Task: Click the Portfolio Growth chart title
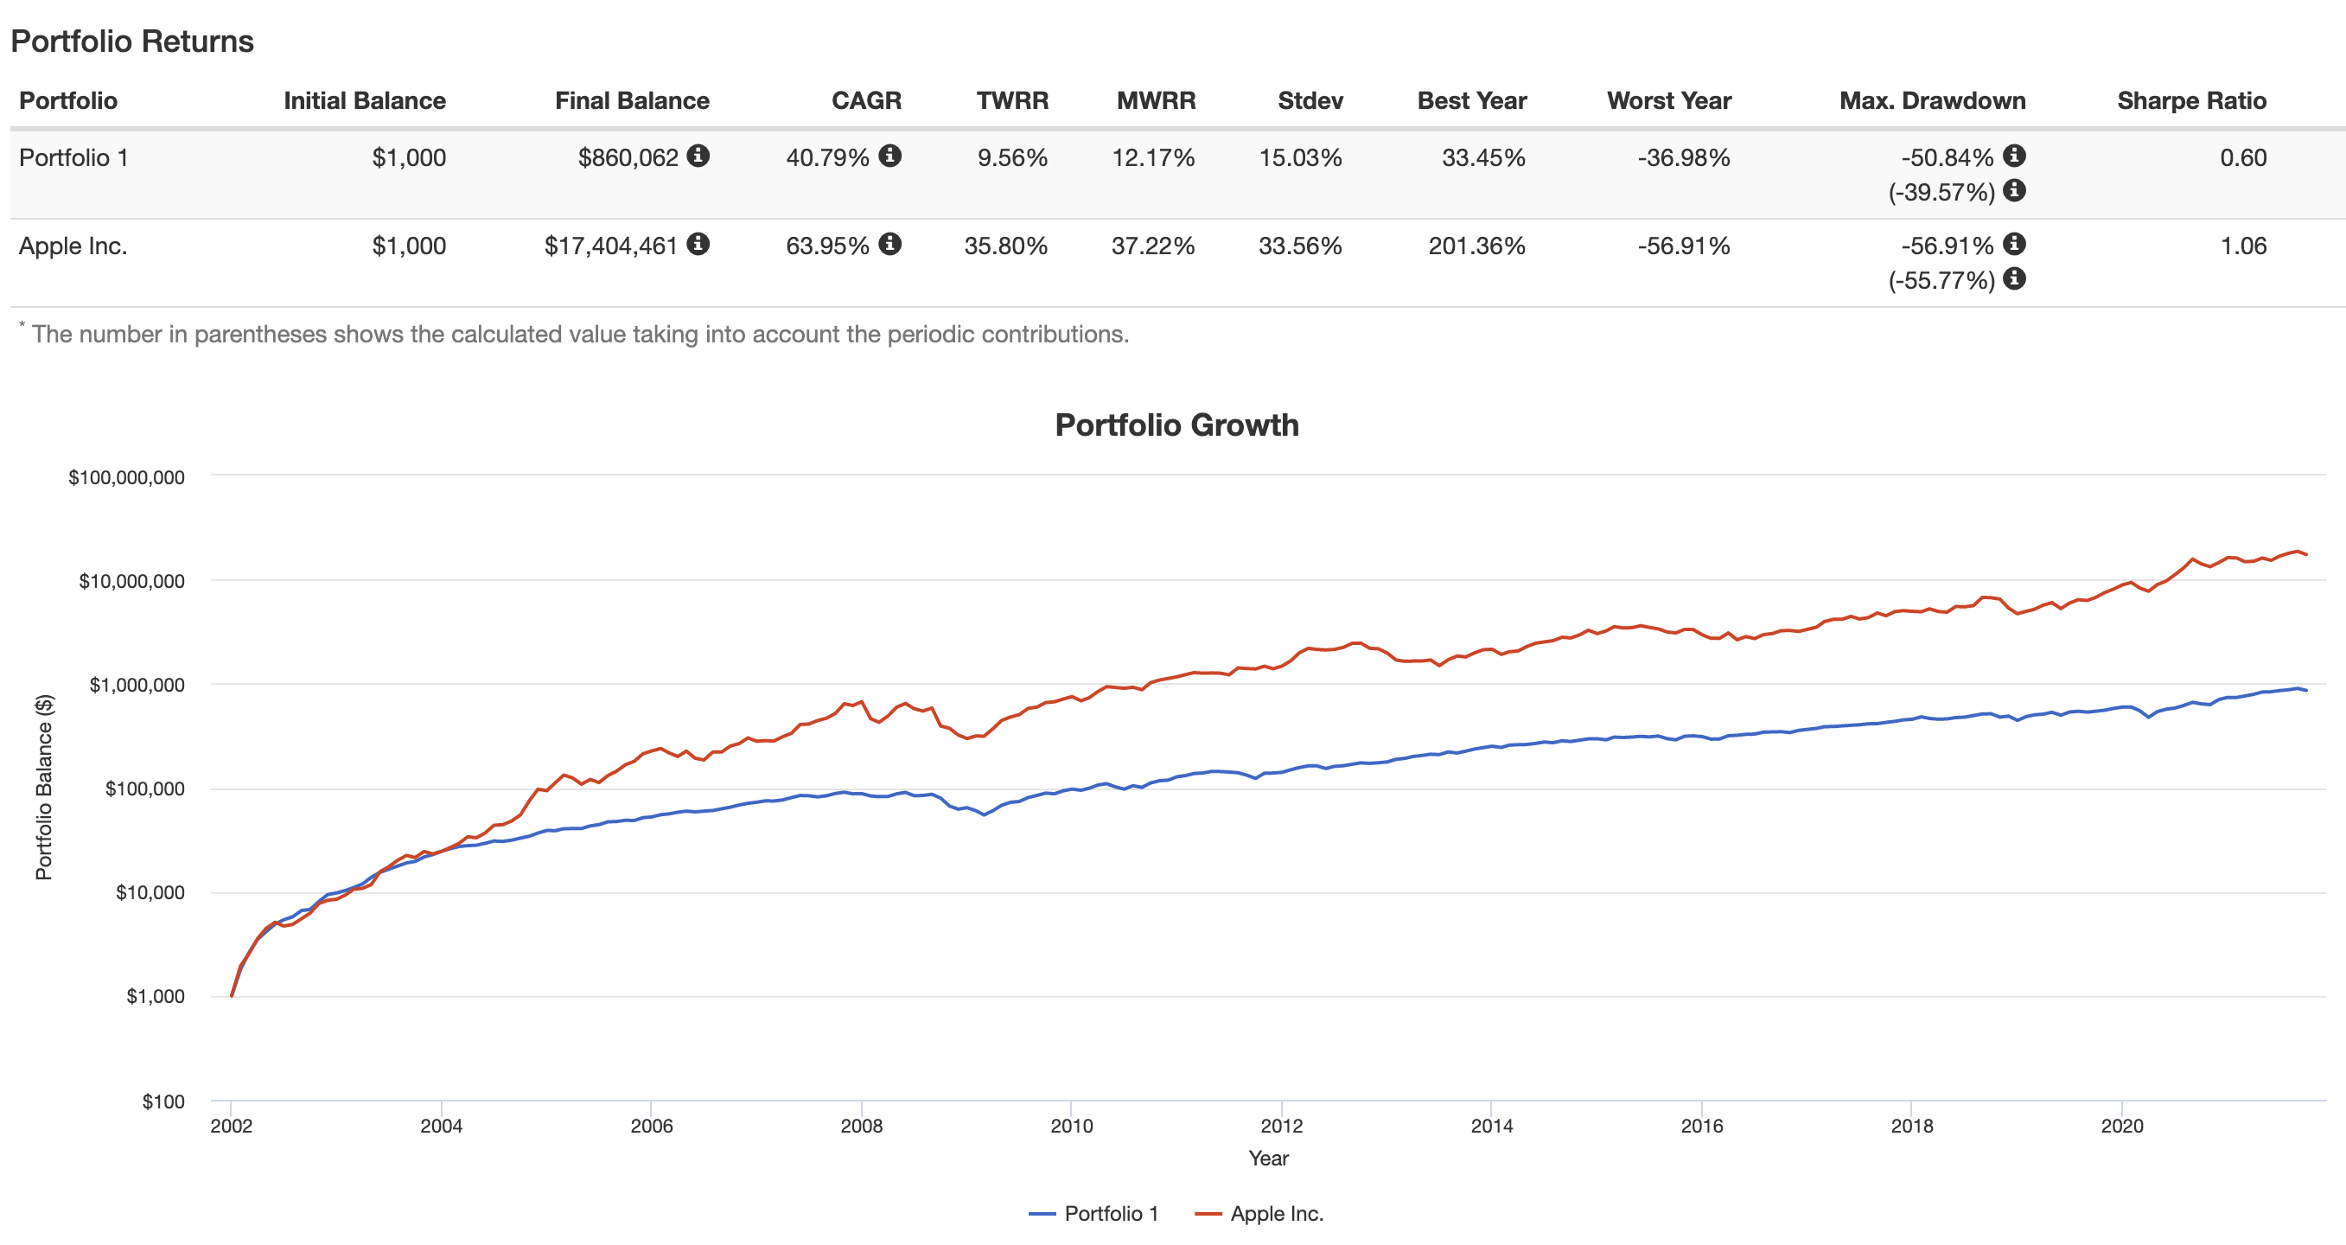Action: point(1176,425)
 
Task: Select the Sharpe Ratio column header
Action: point(2191,101)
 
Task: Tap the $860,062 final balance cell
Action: point(628,158)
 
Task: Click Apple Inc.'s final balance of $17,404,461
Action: point(610,246)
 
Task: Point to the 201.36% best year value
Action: point(1476,246)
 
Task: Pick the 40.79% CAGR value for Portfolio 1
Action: point(827,158)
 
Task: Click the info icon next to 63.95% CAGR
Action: point(889,244)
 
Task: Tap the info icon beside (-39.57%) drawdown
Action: point(2014,190)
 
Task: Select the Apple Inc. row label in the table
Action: point(73,246)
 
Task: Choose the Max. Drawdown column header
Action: point(1932,101)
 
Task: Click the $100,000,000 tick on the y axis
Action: point(126,477)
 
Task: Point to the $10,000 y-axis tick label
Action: point(150,892)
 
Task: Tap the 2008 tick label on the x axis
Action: point(861,1126)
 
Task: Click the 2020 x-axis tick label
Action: point(2121,1126)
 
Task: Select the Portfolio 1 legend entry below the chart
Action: point(1093,1213)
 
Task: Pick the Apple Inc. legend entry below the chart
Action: point(1259,1213)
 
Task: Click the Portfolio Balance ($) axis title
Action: point(44,787)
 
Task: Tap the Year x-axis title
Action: point(1268,1159)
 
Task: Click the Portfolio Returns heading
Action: point(132,41)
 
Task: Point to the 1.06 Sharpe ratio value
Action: point(2242,246)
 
